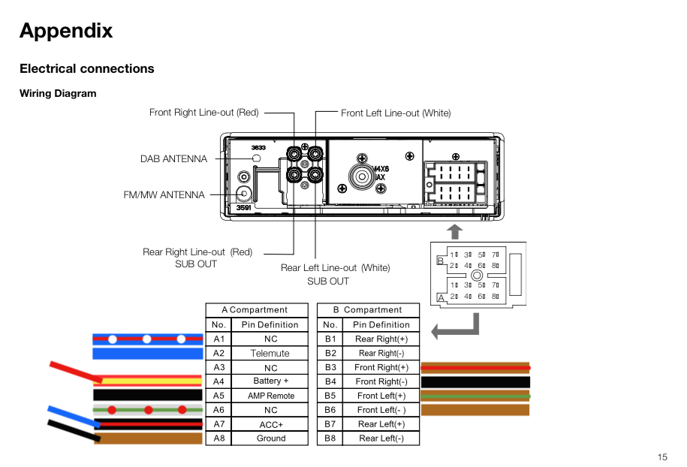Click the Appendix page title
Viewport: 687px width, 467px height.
pyautogui.click(x=66, y=31)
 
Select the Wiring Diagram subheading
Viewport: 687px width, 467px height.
pyautogui.click(x=58, y=94)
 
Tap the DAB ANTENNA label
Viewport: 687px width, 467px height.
pyautogui.click(x=173, y=158)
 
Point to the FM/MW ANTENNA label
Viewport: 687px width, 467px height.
pyautogui.click(x=164, y=195)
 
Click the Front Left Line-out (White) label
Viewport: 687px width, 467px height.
pyautogui.click(x=396, y=113)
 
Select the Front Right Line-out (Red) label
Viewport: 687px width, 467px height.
pyautogui.click(x=203, y=113)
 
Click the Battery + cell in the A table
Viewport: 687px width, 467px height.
pyautogui.click(x=270, y=381)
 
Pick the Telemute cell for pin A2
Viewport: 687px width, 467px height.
pyautogui.click(x=270, y=353)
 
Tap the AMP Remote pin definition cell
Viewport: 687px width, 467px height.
pyautogui.click(x=270, y=396)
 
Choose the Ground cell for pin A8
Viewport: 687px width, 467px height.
pyautogui.click(x=270, y=438)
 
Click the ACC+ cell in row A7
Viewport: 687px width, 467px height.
pyautogui.click(x=270, y=424)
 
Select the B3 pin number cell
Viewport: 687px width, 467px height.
pyautogui.click(x=330, y=367)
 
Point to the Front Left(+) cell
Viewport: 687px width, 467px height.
pyautogui.click(x=381, y=396)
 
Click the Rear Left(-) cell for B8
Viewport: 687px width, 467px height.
pyautogui.click(x=381, y=438)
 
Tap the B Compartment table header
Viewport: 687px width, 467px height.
pyautogui.click(x=368, y=310)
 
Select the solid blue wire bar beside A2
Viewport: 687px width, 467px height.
pyautogui.click(x=147, y=354)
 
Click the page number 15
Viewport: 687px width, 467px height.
pyautogui.click(x=661, y=457)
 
